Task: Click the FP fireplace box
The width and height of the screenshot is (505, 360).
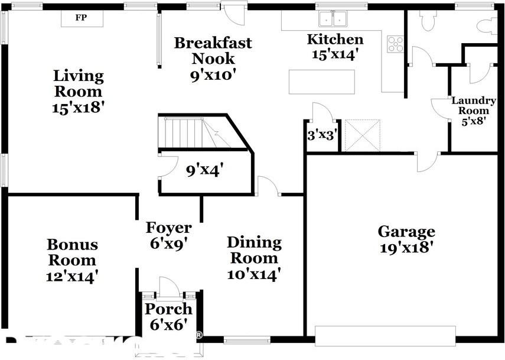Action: pyautogui.click(x=81, y=18)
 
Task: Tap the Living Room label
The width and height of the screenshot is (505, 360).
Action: pyautogui.click(x=78, y=92)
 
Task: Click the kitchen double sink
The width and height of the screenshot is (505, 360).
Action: pyautogui.click(x=333, y=19)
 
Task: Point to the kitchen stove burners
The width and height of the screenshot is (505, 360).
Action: pyautogui.click(x=395, y=44)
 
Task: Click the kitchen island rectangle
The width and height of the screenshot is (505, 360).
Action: pyautogui.click(x=322, y=82)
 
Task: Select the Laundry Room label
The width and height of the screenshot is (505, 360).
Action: pyautogui.click(x=474, y=111)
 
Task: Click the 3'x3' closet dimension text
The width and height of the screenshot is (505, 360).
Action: pyautogui.click(x=322, y=135)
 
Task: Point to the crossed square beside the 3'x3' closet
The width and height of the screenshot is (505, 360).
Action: pyautogui.click(x=363, y=135)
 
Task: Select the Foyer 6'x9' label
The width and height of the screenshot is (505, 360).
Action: pyautogui.click(x=169, y=235)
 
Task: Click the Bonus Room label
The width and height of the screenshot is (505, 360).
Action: pyautogui.click(x=72, y=260)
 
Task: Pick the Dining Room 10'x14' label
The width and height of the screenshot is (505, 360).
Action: pyautogui.click(x=254, y=258)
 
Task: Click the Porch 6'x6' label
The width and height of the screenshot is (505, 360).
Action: pyautogui.click(x=169, y=316)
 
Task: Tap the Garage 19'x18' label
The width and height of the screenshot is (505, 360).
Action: pyautogui.click(x=406, y=239)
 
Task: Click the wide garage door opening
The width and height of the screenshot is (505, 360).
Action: pyautogui.click(x=386, y=335)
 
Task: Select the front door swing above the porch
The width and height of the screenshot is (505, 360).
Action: pyautogui.click(x=169, y=287)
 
